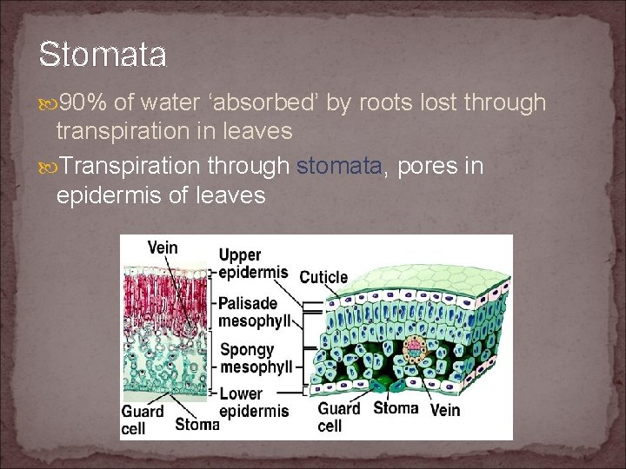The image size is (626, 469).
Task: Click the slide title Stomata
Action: (103, 55)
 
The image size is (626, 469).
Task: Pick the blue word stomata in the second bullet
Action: (340, 166)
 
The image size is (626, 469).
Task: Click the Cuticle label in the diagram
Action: (323, 278)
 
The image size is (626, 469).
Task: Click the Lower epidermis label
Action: (251, 402)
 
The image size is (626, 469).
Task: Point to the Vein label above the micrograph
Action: (163, 248)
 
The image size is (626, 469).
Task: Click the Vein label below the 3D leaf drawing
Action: (445, 409)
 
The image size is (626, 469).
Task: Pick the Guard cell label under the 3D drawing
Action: (338, 417)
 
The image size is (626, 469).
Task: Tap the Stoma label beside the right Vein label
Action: (396, 407)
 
